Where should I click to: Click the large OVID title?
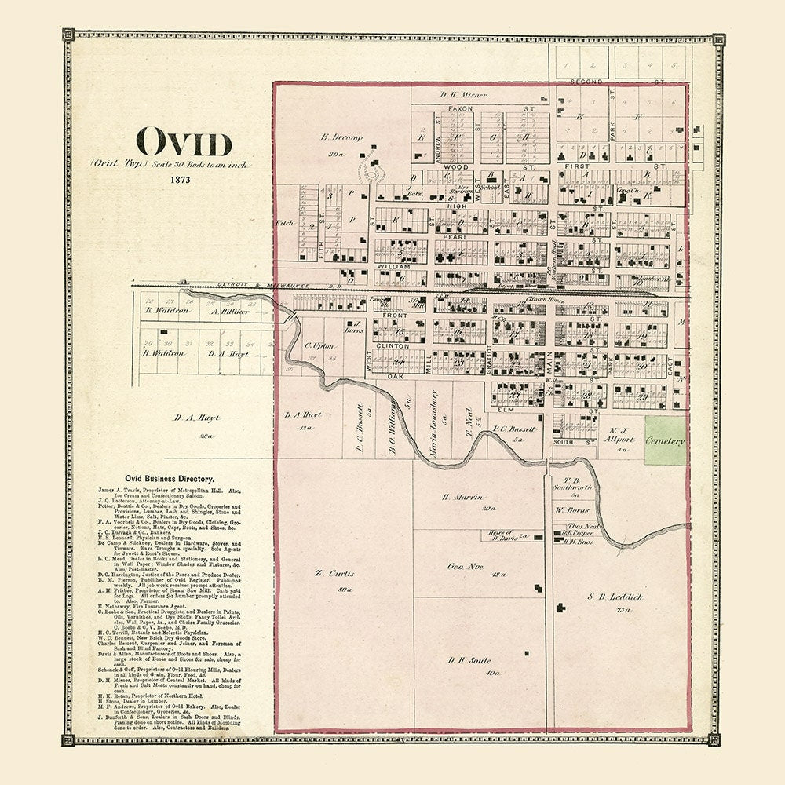tap(185, 144)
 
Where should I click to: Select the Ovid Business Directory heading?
tap(170, 477)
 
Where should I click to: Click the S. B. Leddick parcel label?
tap(615, 597)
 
